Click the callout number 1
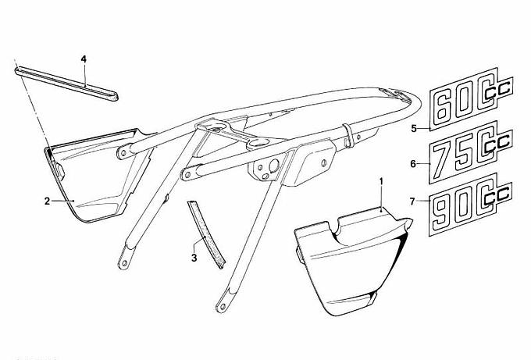[381, 182]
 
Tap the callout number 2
[48, 201]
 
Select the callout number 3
[194, 258]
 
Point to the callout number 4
[84, 59]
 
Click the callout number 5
[414, 129]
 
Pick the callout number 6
[413, 164]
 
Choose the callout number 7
[412, 201]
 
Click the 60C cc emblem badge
[472, 98]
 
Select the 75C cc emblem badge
[471, 151]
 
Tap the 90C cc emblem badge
[470, 204]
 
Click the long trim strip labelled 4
[66, 84]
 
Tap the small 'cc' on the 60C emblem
[498, 88]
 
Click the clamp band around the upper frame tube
[349, 135]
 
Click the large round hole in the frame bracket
[273, 165]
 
